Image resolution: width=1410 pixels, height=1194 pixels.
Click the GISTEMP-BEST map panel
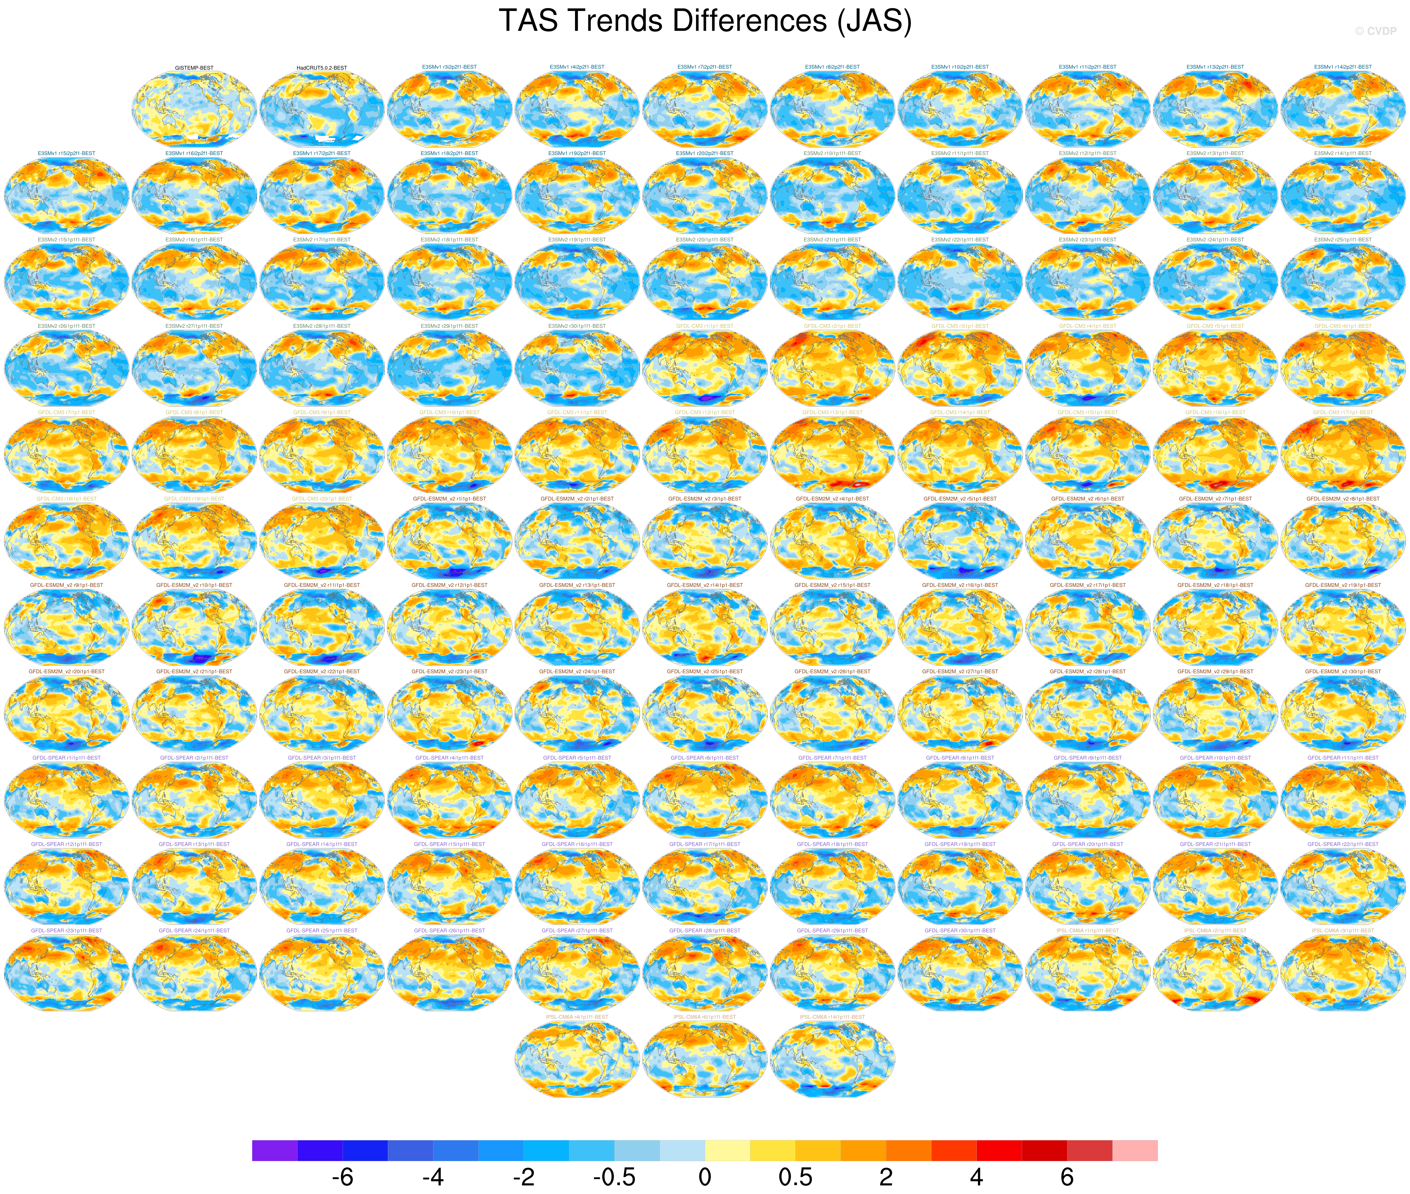click(194, 108)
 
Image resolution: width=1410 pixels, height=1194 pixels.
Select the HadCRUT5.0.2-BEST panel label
click(322, 68)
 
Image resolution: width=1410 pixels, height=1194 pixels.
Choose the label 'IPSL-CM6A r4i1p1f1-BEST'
click(577, 1017)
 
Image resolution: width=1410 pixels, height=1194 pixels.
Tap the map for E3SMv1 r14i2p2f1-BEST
click(1343, 108)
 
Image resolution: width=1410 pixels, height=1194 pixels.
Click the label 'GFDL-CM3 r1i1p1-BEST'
click(704, 326)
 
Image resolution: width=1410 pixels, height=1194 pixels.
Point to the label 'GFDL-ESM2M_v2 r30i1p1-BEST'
click(1343, 671)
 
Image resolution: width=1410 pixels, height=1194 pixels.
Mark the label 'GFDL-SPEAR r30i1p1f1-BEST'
click(960, 931)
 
